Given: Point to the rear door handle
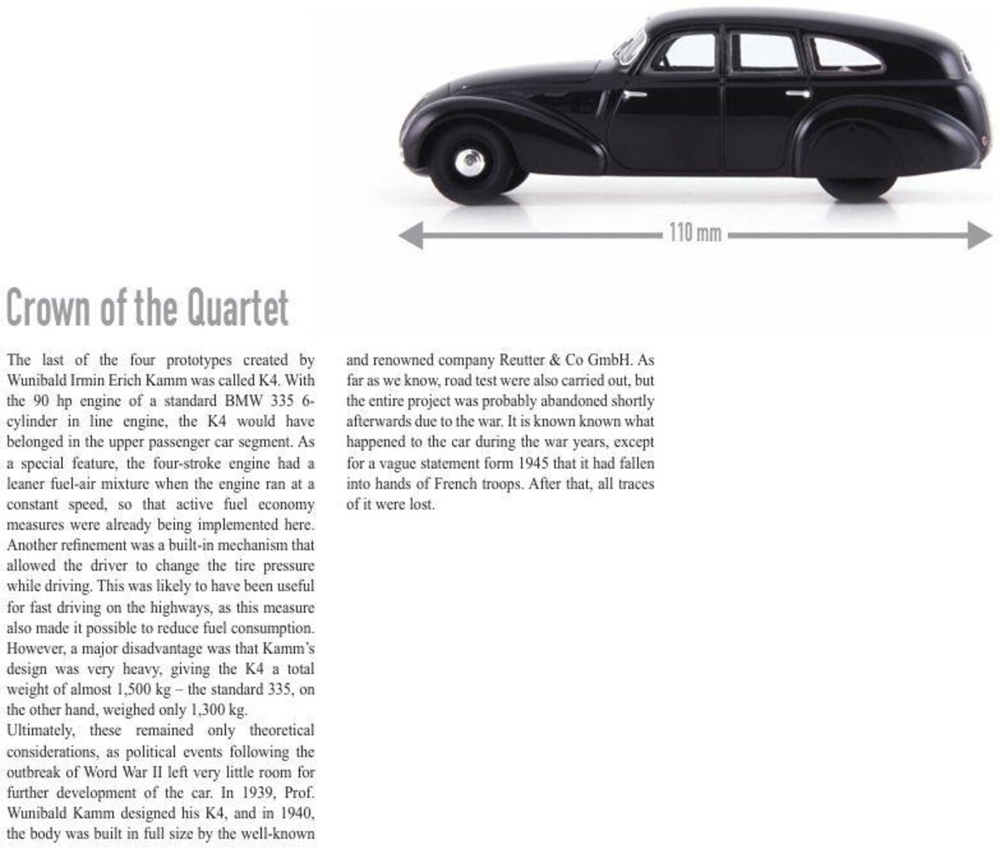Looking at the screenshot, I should pyautogui.click(x=797, y=93).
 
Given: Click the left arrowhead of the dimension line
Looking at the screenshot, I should pyautogui.click(x=411, y=234).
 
